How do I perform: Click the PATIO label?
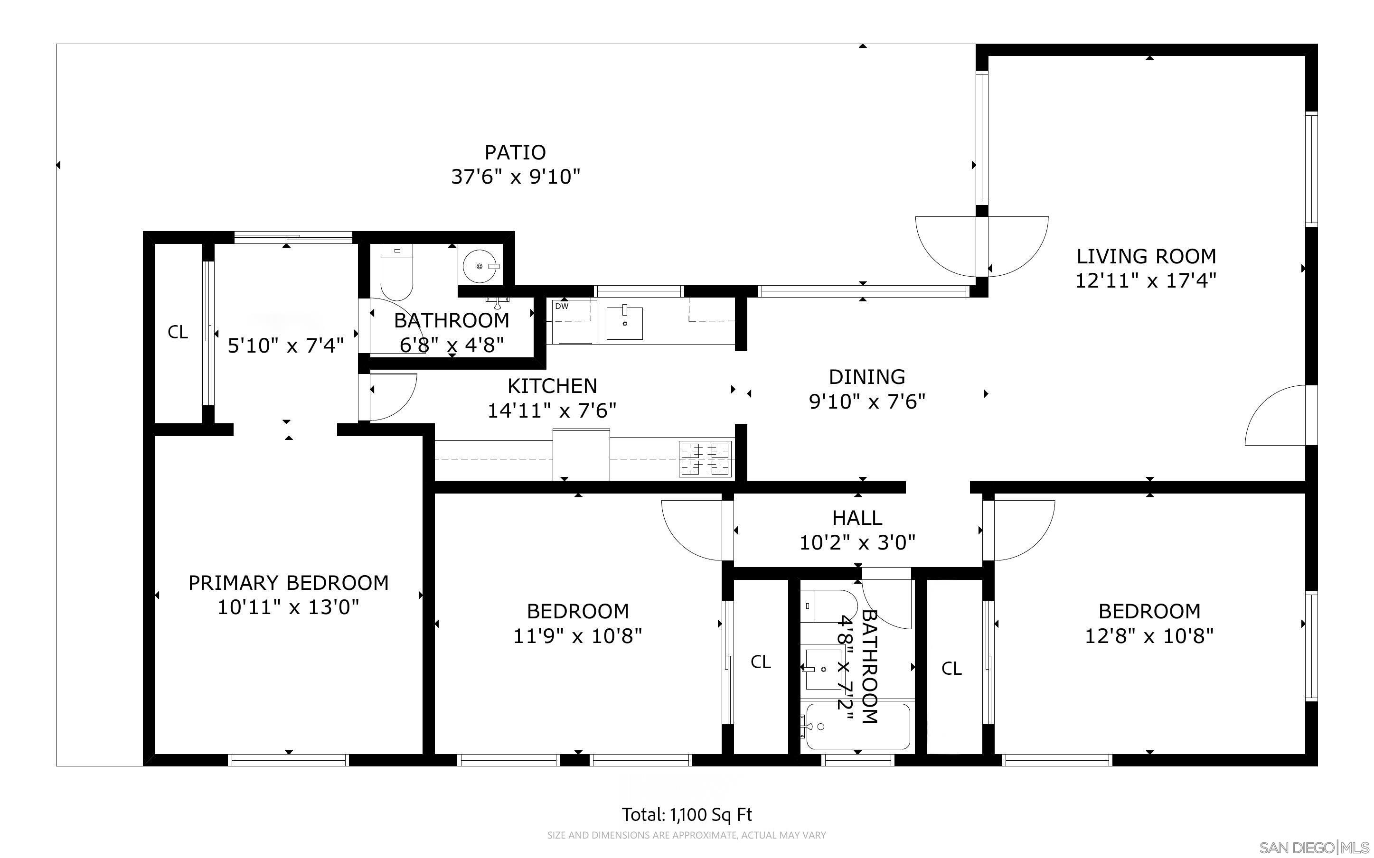(x=515, y=152)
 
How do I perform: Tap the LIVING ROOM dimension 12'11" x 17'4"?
(x=1145, y=281)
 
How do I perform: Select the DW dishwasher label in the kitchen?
(x=561, y=307)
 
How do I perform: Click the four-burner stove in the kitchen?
(x=706, y=458)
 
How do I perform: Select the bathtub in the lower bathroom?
(x=857, y=727)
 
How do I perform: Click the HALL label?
(x=857, y=518)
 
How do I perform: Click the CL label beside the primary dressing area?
(x=178, y=332)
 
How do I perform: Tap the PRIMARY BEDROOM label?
(x=288, y=583)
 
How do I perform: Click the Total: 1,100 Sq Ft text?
(x=687, y=814)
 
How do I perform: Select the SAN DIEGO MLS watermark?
(x=1314, y=848)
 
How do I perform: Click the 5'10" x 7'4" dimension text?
(x=285, y=345)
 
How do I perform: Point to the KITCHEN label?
(x=552, y=386)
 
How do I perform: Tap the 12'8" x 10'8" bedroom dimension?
(x=1148, y=636)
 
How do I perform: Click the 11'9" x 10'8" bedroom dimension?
(x=577, y=636)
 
